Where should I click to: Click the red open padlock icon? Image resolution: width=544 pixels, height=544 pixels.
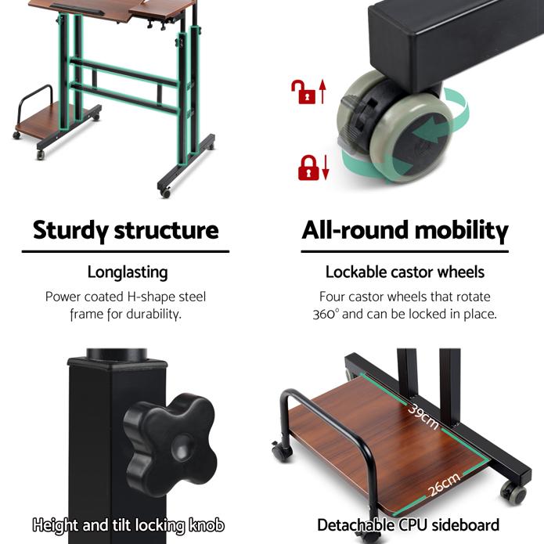pos(303,92)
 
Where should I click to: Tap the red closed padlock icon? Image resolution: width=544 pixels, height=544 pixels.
pos(308,168)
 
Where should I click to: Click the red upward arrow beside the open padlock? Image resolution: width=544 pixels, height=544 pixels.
pos(322,92)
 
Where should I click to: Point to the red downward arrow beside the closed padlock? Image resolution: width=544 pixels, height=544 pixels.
pos(326,168)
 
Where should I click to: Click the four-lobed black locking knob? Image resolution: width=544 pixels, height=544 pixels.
pos(170,445)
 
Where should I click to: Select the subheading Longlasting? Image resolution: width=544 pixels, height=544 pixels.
pos(128,272)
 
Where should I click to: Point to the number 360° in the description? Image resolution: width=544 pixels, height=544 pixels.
pos(325,315)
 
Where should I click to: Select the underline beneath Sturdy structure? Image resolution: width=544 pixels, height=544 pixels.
pos(125,251)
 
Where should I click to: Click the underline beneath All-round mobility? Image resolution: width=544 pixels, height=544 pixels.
pos(405,251)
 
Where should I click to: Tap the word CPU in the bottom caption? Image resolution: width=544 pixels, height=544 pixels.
pos(413,525)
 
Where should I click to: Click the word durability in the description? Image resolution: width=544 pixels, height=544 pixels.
pos(153,315)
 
